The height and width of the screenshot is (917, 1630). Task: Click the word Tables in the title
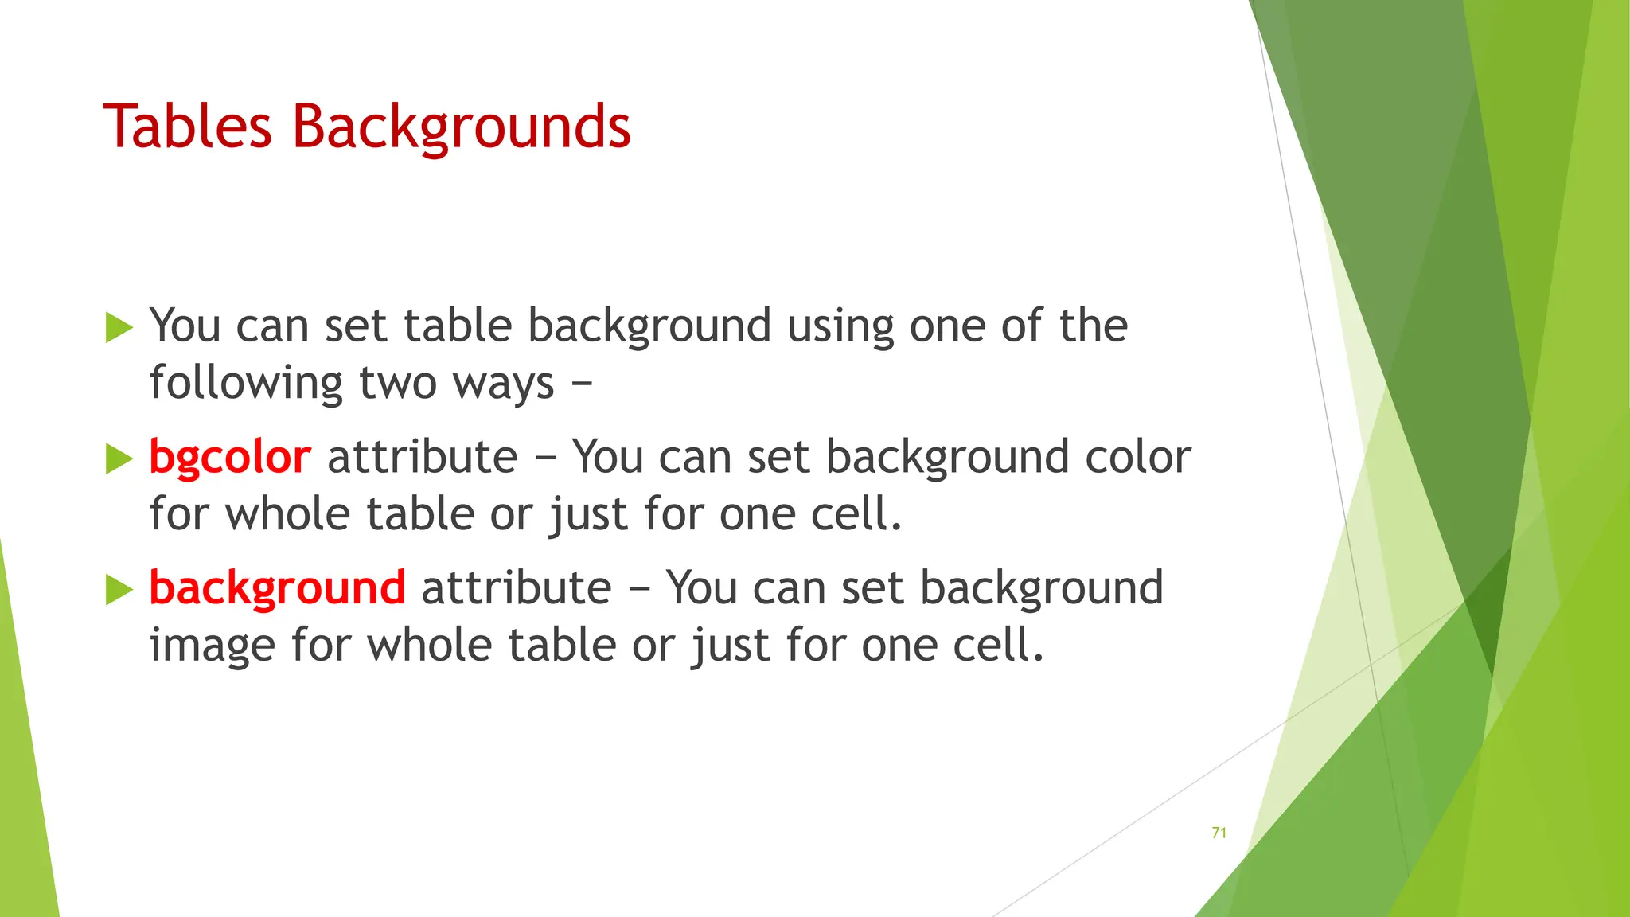coord(187,127)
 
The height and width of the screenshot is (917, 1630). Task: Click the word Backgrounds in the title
coord(461,128)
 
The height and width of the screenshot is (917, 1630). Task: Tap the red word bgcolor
coord(229,458)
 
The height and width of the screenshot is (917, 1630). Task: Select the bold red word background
coord(277,588)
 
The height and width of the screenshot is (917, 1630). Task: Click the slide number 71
coord(1219,833)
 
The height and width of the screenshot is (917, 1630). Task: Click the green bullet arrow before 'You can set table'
coord(119,327)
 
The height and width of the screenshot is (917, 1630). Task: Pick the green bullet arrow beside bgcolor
coord(119,458)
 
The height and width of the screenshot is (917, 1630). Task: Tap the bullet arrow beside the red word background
coord(119,589)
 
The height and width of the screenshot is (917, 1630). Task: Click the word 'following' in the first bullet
coord(246,384)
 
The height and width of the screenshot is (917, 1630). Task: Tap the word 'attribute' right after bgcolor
coord(422,458)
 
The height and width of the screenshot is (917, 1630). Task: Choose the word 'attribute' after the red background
coord(516,588)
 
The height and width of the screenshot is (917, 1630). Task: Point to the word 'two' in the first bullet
coord(397,384)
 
